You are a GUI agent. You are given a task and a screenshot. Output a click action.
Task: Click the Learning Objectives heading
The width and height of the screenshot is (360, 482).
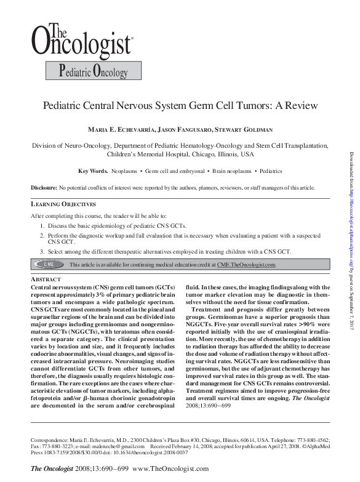click(x=63, y=204)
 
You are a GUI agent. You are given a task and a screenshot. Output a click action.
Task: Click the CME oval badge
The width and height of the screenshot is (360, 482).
click(x=48, y=264)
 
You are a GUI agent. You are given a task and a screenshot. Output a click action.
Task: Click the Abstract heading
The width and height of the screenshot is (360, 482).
click(x=46, y=279)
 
